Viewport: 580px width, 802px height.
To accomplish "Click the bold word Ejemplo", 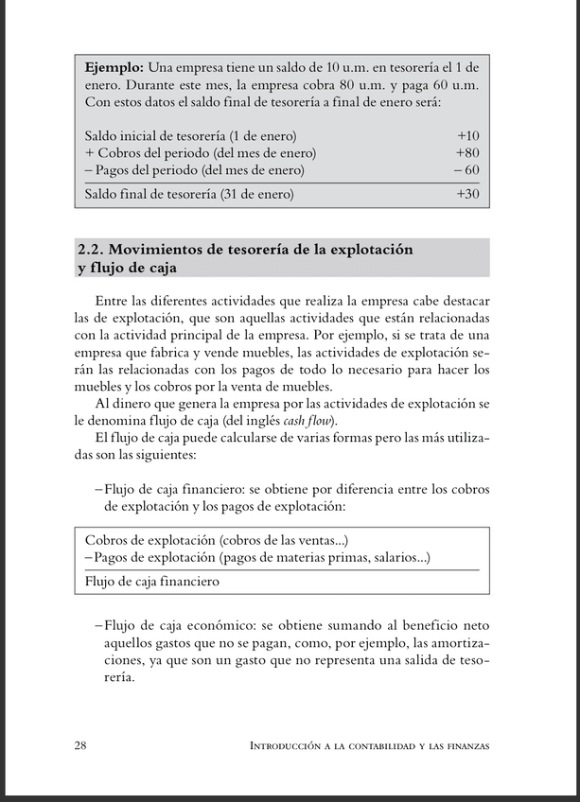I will [114, 68].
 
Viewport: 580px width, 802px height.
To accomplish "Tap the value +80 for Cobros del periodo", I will [467, 152].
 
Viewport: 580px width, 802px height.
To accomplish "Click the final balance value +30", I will [467, 194].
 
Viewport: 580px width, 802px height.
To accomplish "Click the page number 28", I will [81, 745].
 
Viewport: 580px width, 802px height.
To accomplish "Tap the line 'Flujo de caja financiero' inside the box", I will [151, 582].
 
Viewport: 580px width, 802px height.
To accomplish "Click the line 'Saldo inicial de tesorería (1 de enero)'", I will [190, 135].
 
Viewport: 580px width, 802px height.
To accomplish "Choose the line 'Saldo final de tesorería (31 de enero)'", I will [189, 194].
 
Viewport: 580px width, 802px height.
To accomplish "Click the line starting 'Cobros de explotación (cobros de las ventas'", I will [217, 540].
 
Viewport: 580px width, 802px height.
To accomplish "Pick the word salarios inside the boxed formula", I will [400, 558].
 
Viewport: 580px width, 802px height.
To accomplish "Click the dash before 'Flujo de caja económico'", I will [98, 626].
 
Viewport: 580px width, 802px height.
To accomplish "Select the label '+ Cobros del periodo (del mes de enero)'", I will [200, 152].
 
